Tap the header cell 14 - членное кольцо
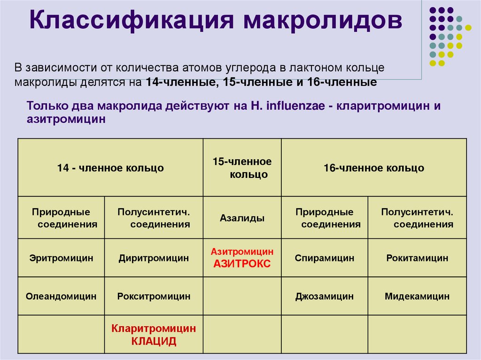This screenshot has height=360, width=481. [x=110, y=168]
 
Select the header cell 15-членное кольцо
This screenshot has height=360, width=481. [x=242, y=168]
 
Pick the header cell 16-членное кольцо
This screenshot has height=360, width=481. [x=373, y=168]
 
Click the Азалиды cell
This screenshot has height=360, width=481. [x=242, y=218]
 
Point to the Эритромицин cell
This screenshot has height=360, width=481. [x=61, y=258]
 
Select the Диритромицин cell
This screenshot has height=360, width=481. [x=154, y=258]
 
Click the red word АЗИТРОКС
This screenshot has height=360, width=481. [x=242, y=264]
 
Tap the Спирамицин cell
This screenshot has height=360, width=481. [x=324, y=258]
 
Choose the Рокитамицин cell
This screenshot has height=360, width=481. [x=417, y=258]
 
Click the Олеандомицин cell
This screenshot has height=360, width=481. [x=61, y=296]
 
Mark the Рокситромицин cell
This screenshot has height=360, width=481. [x=154, y=296]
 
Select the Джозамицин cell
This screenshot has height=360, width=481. [x=324, y=296]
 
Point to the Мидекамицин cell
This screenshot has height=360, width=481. [x=417, y=296]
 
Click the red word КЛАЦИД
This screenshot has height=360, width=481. [x=154, y=341]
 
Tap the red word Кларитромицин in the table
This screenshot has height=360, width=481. [x=154, y=329]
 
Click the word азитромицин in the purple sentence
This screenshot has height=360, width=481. [x=66, y=119]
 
